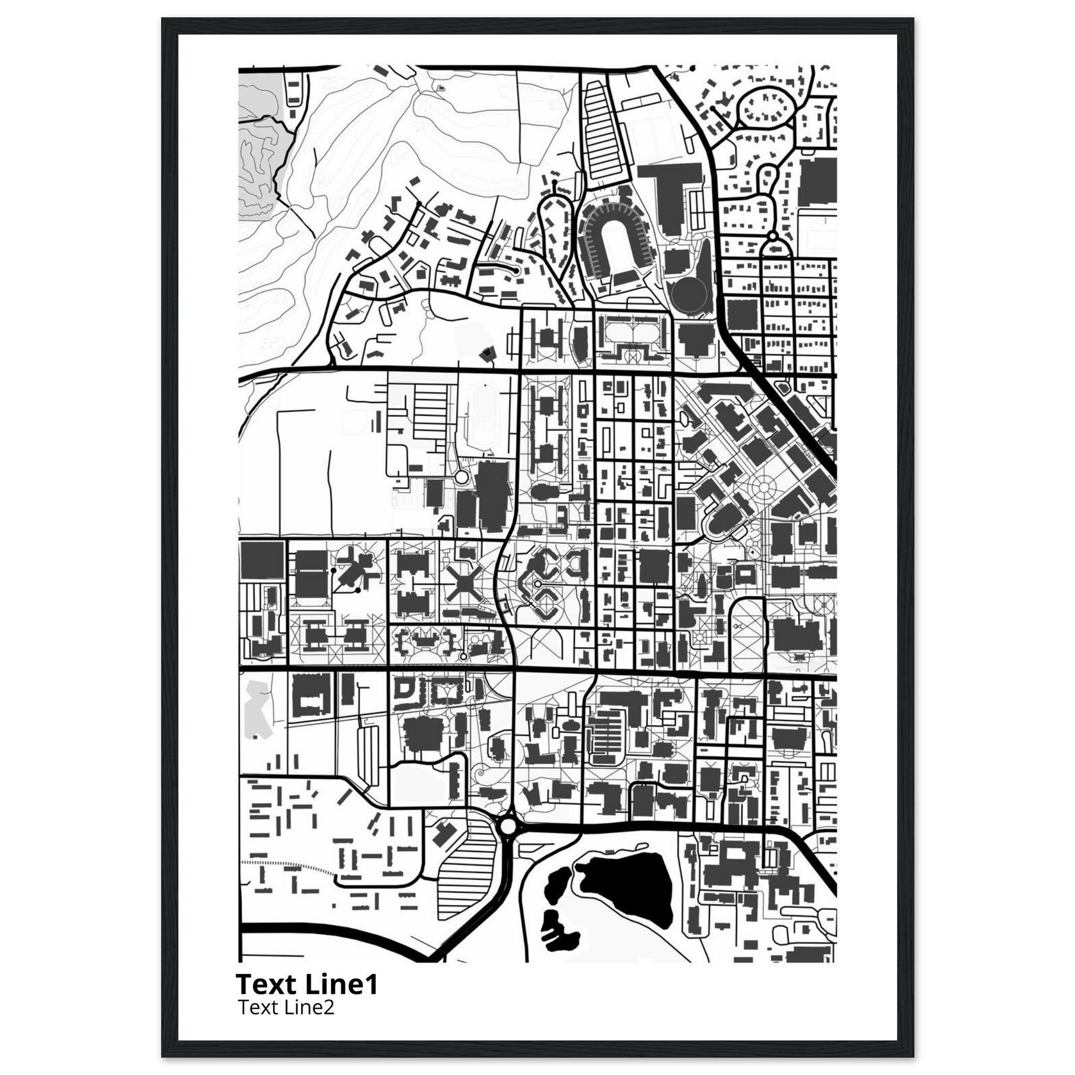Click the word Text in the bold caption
pos(268,985)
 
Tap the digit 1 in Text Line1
pos(371,985)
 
